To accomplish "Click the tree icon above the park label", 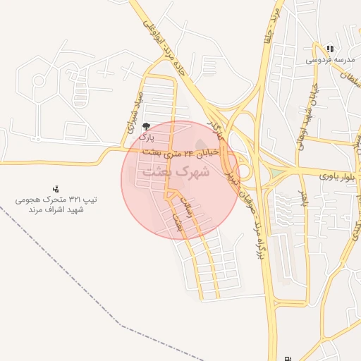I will click(x=146, y=127).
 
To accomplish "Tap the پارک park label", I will click(x=146, y=138).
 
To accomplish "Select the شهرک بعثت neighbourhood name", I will click(x=176, y=171).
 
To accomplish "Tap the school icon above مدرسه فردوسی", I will click(x=330, y=49).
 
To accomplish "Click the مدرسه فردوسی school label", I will click(x=329, y=61).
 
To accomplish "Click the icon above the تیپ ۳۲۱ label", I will click(x=55, y=188).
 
